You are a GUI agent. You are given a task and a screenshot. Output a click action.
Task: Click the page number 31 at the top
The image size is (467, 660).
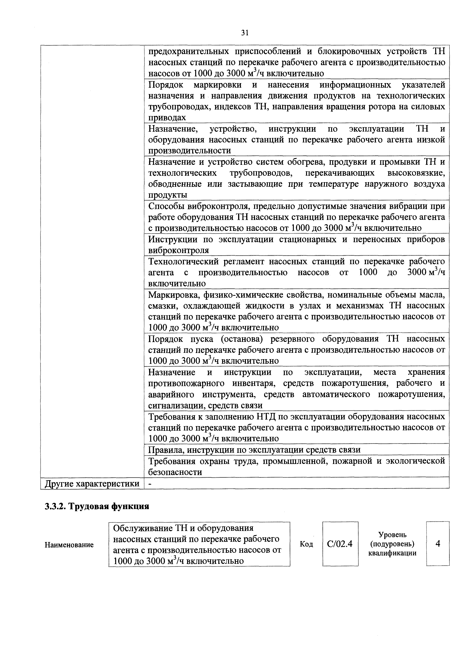(245, 33)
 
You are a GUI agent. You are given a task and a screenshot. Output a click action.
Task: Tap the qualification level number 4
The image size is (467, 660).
(438, 543)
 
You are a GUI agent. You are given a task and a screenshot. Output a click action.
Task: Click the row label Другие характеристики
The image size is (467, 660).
(92, 484)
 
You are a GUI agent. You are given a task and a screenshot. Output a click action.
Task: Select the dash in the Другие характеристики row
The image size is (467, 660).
(149, 484)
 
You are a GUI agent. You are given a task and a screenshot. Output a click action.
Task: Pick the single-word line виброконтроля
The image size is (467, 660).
(178, 250)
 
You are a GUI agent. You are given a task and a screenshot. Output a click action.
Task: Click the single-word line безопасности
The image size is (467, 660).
(175, 472)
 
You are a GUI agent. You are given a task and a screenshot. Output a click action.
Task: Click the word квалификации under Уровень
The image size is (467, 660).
(392, 553)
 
